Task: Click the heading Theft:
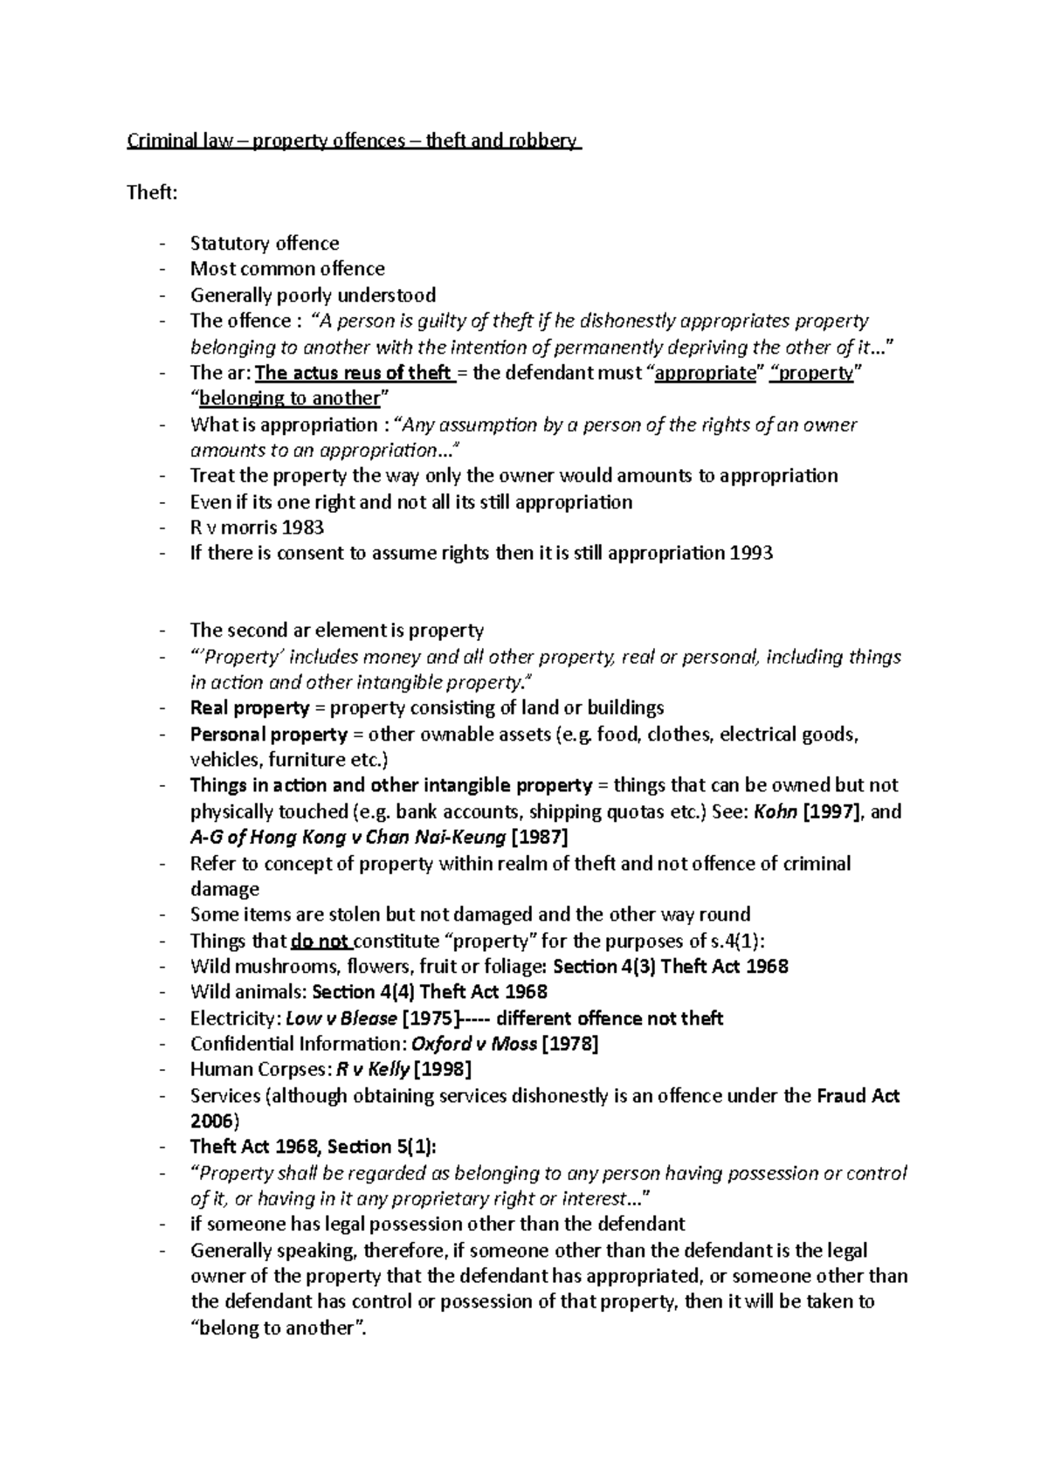[152, 192]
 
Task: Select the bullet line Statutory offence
[265, 244]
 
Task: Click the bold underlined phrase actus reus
[330, 373]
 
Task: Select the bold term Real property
[250, 708]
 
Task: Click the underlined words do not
[321, 942]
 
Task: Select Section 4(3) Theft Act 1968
[671, 967]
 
